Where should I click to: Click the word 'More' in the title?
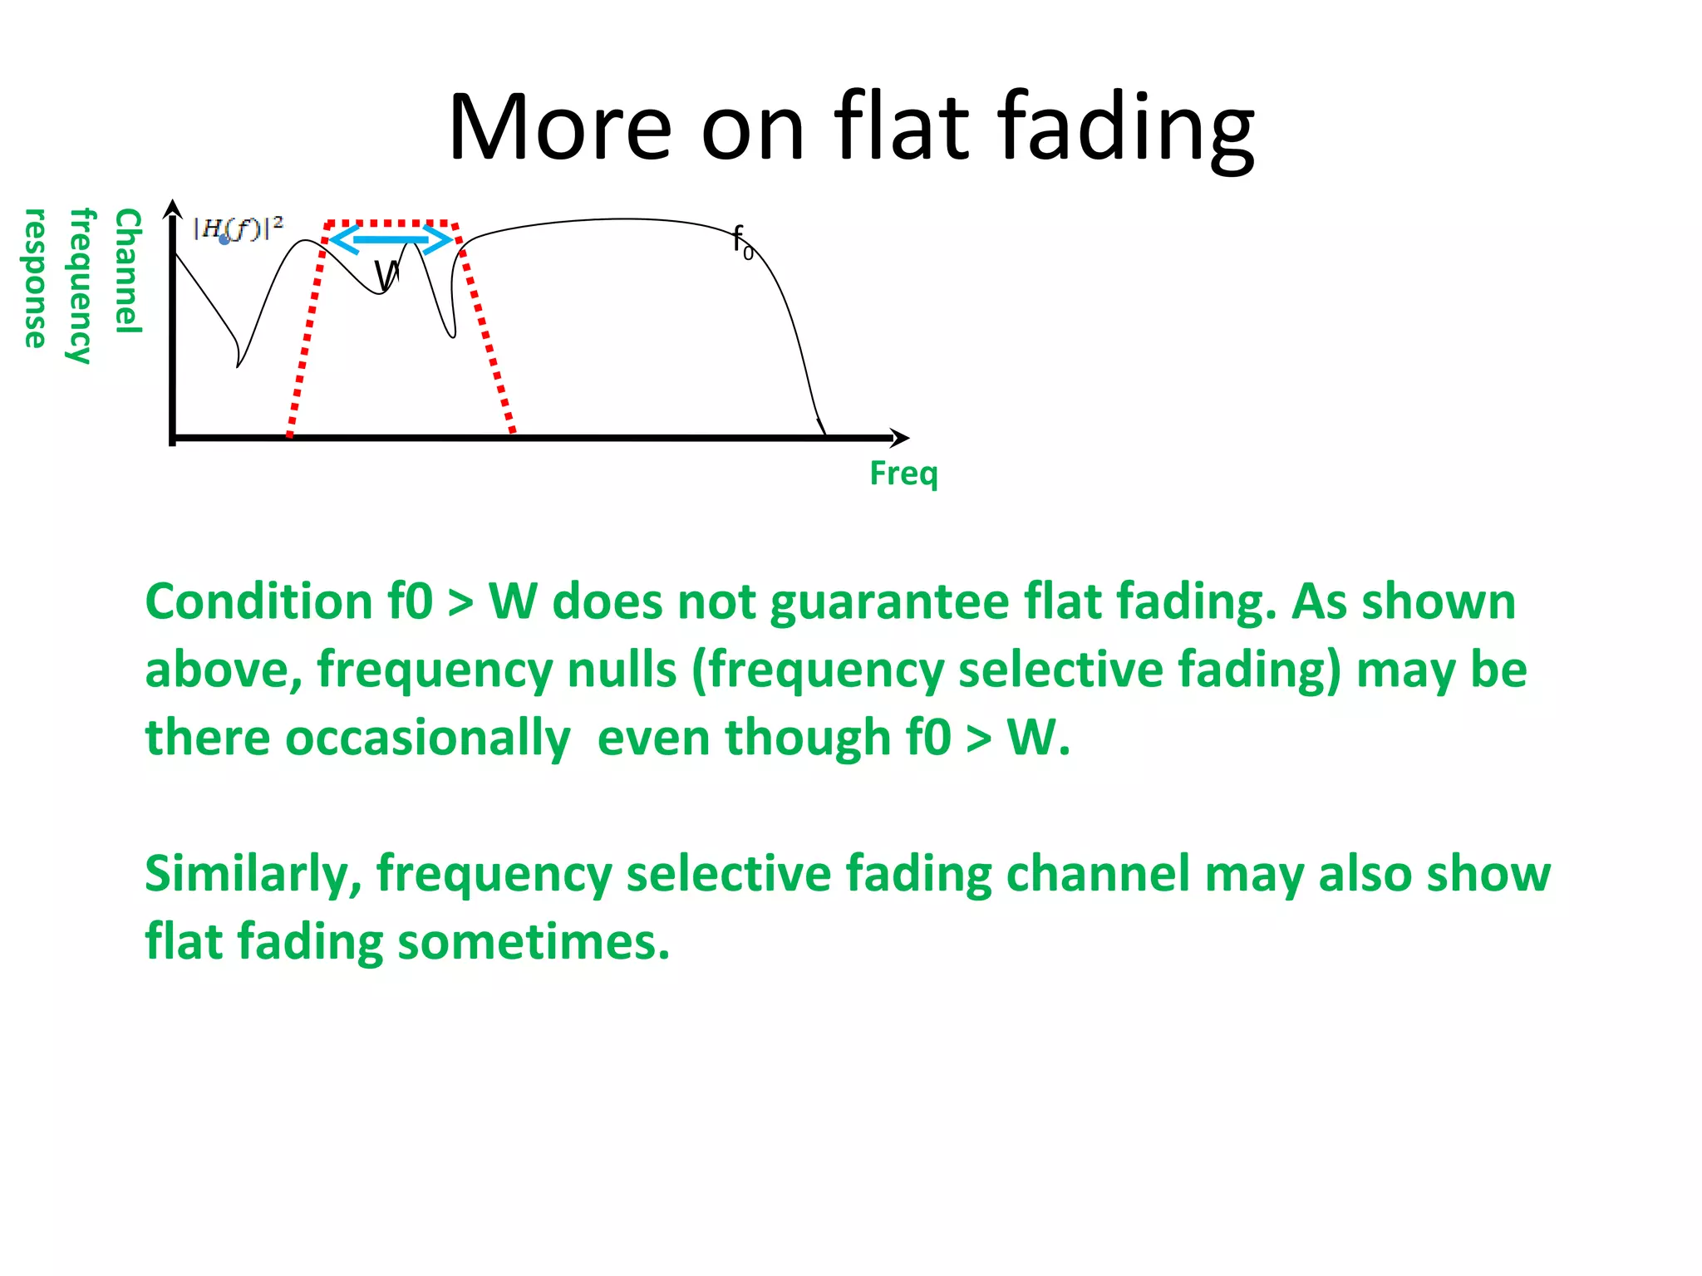pyautogui.click(x=558, y=127)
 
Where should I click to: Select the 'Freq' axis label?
pyautogui.click(x=903, y=474)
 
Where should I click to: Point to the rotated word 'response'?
pyautogui.click(x=35, y=278)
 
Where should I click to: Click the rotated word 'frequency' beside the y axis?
pyautogui.click(x=81, y=286)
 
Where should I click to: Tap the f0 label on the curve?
pyautogui.click(x=742, y=242)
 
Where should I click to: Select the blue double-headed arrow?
pyautogui.click(x=391, y=240)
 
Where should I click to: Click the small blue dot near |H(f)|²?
pyautogui.click(x=224, y=239)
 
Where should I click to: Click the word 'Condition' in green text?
pyautogui.click(x=259, y=601)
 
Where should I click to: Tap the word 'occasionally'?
pyautogui.click(x=428, y=738)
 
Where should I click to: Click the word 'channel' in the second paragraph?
pyautogui.click(x=1098, y=874)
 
